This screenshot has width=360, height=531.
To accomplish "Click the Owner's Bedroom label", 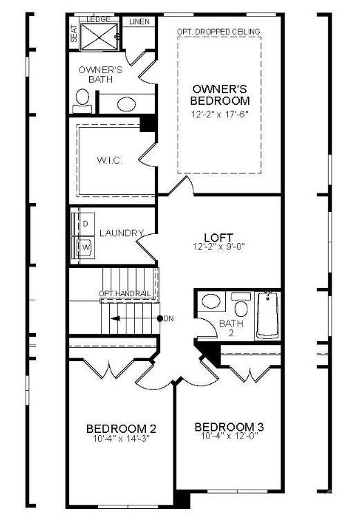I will pyautogui.click(x=219, y=95).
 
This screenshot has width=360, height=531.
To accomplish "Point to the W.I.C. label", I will pyautogui.click(x=108, y=161).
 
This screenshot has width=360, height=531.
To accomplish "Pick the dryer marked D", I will pyautogui.click(x=86, y=224).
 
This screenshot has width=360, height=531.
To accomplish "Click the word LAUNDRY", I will pyautogui.click(x=122, y=233).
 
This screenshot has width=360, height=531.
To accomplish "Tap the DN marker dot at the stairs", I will pyautogui.click(x=160, y=318).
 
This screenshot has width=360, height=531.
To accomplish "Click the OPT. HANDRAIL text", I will pyautogui.click(x=124, y=294).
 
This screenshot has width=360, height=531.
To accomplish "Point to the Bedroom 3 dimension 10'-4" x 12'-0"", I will pyautogui.click(x=229, y=436).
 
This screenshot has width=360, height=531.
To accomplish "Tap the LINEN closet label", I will pyautogui.click(x=140, y=22).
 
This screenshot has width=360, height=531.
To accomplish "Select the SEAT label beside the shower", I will pyautogui.click(x=74, y=34).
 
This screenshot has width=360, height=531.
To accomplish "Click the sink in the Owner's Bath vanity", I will pyautogui.click(x=126, y=104).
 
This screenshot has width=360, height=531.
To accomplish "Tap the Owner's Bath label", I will pyautogui.click(x=101, y=75).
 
